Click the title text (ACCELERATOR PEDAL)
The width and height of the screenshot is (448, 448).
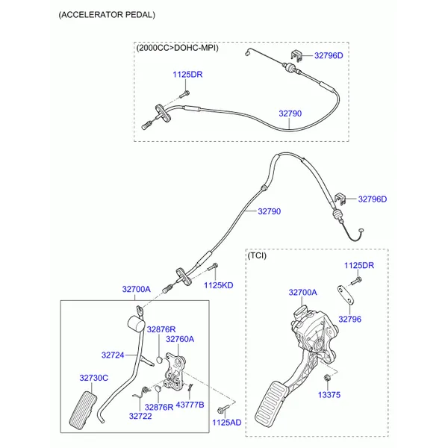108,15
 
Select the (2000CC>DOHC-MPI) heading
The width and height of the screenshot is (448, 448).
177,48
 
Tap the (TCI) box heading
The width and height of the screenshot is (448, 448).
258,255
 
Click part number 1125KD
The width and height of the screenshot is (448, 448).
219,285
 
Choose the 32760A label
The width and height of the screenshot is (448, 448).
179,339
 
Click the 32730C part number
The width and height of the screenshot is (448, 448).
94,378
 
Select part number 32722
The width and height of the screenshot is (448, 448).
140,416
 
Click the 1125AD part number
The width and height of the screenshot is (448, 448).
227,423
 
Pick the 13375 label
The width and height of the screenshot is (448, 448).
329,394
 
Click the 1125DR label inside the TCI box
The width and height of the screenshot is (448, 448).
359,265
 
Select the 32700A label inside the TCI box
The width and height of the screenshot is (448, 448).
303,293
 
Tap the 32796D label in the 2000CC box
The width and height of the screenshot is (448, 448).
329,55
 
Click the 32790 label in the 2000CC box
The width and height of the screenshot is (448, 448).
290,113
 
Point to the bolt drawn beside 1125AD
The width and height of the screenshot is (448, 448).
222,410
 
